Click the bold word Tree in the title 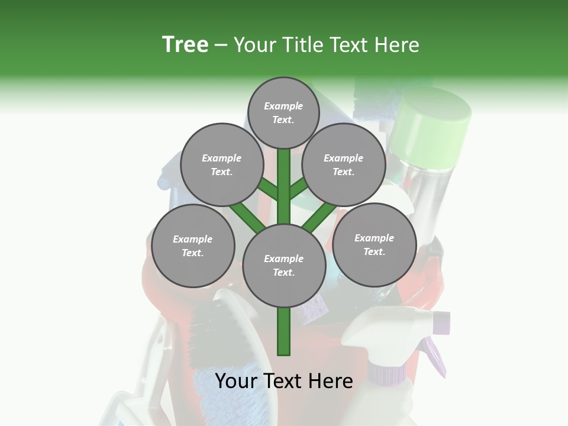tap(185, 44)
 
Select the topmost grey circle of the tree tap(283, 112)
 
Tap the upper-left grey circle tap(221, 164)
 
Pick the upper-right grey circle tap(343, 164)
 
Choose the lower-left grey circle tap(193, 246)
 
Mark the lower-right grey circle tap(374, 244)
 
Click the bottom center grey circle tap(284, 265)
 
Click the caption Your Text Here tap(284, 381)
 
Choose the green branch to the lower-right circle tap(319, 216)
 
